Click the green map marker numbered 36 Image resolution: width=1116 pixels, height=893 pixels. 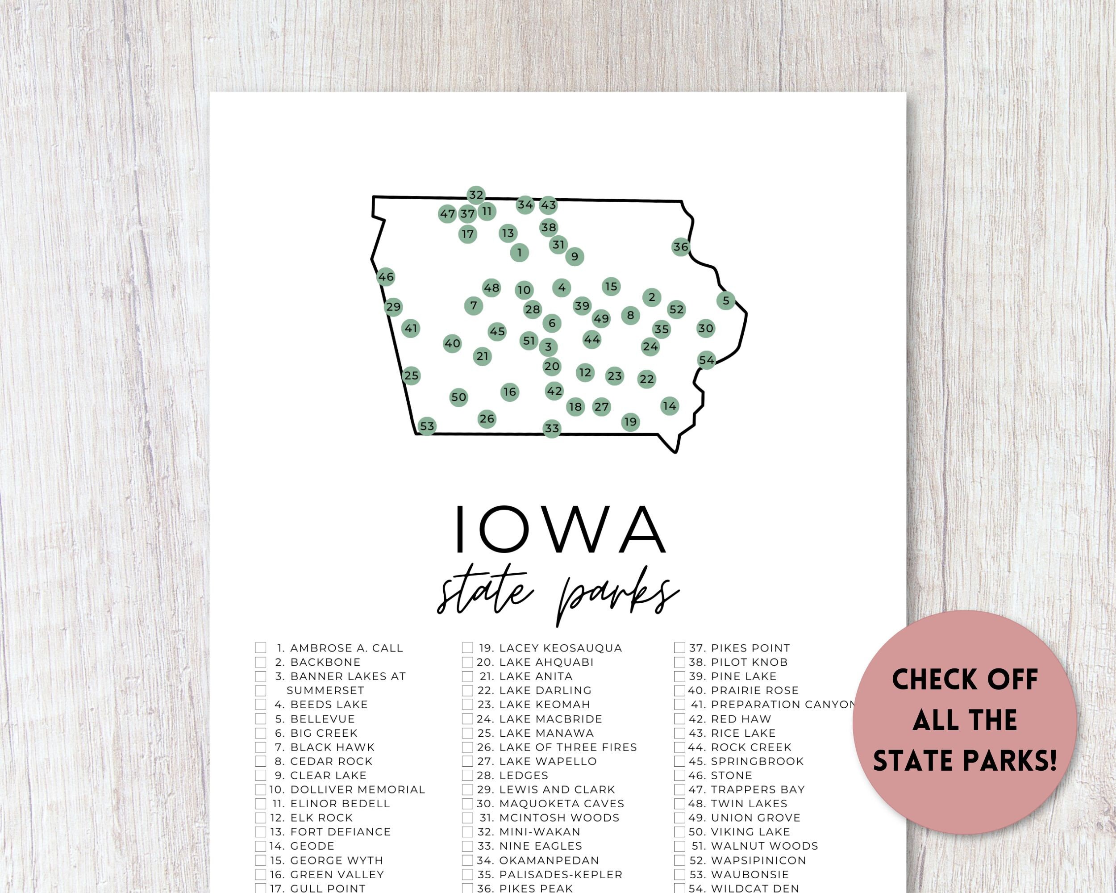(681, 247)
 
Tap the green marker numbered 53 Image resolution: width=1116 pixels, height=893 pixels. (426, 426)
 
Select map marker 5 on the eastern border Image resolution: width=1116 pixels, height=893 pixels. (726, 300)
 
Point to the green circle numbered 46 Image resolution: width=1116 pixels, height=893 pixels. (386, 277)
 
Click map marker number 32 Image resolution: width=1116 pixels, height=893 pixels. (476, 195)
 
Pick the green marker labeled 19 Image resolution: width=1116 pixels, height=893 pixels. (630, 422)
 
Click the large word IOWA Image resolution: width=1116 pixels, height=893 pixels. (559, 529)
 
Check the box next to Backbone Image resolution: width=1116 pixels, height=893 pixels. (260, 662)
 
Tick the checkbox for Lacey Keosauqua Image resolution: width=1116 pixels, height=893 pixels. (467, 647)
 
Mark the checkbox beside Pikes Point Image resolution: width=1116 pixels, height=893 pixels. (679, 647)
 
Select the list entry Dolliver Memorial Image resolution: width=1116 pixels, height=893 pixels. (357, 789)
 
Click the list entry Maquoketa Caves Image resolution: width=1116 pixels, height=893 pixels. (561, 803)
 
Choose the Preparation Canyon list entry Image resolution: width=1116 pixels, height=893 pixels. (783, 705)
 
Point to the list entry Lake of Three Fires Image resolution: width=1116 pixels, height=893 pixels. (567, 747)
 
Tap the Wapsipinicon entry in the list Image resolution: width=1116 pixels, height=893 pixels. (758, 860)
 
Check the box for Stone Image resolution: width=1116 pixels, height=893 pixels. (679, 776)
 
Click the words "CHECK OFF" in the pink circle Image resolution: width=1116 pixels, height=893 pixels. (965, 680)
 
